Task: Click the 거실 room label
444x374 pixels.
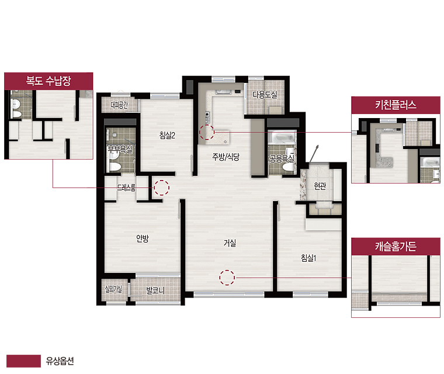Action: pyautogui.click(x=230, y=243)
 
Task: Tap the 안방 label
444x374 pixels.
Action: pyautogui.click(x=143, y=238)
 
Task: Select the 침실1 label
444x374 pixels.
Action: pyautogui.click(x=308, y=258)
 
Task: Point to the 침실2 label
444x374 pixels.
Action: pyautogui.click(x=167, y=135)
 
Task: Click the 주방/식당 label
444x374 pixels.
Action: pyautogui.click(x=226, y=157)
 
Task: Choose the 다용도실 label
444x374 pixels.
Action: pyautogui.click(x=265, y=94)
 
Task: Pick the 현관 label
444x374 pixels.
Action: pyautogui.click(x=320, y=186)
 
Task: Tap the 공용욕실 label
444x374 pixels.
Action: pyautogui.click(x=282, y=159)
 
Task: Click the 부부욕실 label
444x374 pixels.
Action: pyautogui.click(x=120, y=149)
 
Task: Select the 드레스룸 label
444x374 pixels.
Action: pyautogui.click(x=126, y=188)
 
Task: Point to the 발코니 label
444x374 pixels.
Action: pyautogui.click(x=155, y=290)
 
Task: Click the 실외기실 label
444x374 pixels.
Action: pyautogui.click(x=113, y=289)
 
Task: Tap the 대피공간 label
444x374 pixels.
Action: pyautogui.click(x=119, y=105)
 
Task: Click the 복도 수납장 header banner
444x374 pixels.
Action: pyautogui.click(x=48, y=81)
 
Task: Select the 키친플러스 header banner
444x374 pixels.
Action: pyautogui.click(x=396, y=105)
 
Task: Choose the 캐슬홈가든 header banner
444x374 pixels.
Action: pyautogui.click(x=396, y=246)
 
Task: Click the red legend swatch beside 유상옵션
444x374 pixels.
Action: pyautogui.click(x=23, y=361)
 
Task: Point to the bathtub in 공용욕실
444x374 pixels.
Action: pyautogui.click(x=282, y=137)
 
